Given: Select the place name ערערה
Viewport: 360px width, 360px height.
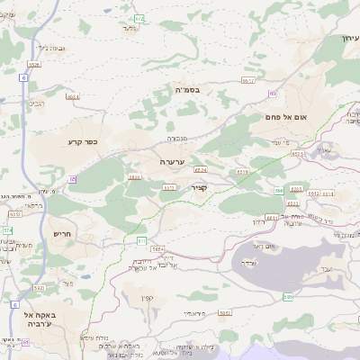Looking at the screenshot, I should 172,161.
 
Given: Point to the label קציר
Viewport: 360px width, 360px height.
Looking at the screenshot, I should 200,187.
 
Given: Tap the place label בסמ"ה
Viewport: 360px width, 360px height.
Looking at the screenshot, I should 187,88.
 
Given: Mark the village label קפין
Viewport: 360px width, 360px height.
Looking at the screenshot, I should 148,298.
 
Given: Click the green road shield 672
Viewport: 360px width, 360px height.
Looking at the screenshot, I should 139,18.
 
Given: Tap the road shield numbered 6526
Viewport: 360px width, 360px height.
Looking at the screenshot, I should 34,65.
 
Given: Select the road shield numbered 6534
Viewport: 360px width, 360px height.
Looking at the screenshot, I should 73,96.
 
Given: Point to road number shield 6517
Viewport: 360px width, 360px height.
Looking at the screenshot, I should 249,81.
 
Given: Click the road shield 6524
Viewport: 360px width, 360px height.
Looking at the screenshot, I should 200,169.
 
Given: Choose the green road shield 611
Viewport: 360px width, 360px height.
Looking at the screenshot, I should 141,241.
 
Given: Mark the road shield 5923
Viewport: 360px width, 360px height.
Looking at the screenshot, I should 225,314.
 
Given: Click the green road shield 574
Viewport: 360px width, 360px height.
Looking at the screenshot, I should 8,231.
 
